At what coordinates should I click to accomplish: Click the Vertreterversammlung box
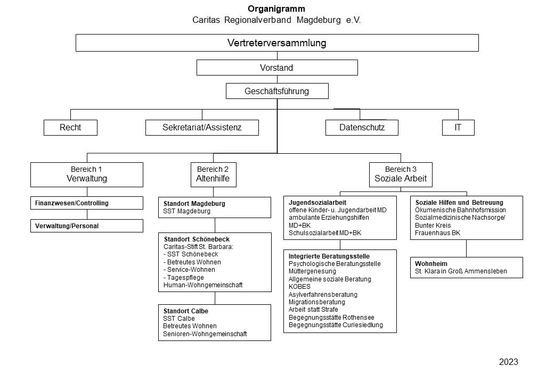click(x=277, y=43)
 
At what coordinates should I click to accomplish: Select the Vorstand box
click(x=277, y=68)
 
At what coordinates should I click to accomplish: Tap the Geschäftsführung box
click(x=277, y=91)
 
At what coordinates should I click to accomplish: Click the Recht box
click(x=70, y=127)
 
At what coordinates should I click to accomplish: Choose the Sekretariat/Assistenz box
click(x=202, y=127)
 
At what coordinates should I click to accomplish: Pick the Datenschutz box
click(x=362, y=127)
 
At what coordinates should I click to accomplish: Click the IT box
click(x=458, y=127)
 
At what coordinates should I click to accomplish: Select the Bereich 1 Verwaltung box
click(x=87, y=174)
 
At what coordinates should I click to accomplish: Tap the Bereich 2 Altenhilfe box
click(x=214, y=174)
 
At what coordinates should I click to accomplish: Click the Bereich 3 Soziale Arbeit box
click(x=401, y=174)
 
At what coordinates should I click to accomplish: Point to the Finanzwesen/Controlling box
click(x=87, y=203)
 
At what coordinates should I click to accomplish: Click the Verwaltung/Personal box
click(x=87, y=226)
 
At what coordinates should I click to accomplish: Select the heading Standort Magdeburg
click(x=194, y=204)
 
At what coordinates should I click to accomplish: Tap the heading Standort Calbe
click(x=186, y=311)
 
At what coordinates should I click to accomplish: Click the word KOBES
click(x=299, y=287)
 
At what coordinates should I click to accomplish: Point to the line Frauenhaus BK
click(x=438, y=233)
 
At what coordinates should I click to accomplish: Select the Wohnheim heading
click(x=431, y=264)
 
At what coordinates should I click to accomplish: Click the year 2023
click(x=508, y=362)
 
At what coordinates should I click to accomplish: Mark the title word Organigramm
click(x=276, y=9)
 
